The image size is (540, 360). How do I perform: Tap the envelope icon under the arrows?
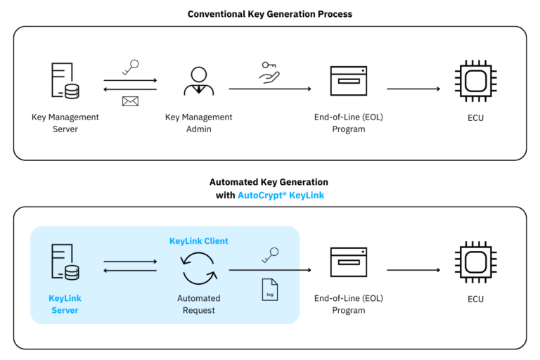130,101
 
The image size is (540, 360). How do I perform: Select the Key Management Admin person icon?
199,81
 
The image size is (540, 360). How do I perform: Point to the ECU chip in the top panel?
475,81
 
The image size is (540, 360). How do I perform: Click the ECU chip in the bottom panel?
475,262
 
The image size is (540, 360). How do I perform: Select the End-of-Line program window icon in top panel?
349,81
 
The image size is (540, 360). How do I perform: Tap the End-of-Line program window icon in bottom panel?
349,262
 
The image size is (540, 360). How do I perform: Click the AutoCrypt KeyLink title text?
281,195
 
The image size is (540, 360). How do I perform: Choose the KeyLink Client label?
199,241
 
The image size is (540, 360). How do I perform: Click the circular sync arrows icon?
199,269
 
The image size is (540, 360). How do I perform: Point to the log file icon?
269,289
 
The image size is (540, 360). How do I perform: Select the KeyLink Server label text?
65,304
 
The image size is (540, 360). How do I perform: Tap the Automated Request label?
199,304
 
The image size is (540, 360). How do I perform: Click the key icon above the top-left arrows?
130,67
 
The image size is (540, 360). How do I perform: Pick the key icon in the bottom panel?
269,255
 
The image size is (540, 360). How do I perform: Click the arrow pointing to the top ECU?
413,89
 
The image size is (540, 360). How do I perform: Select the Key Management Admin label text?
199,123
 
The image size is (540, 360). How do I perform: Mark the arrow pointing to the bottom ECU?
413,270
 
